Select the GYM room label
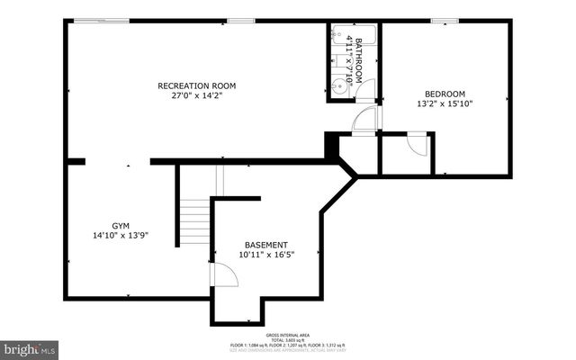click(121, 226)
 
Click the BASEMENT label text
click(266, 245)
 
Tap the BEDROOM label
click(445, 94)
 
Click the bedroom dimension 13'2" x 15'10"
click(445, 103)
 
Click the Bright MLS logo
click(30, 347)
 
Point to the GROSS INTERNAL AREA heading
click(287, 333)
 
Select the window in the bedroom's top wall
click(445, 21)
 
